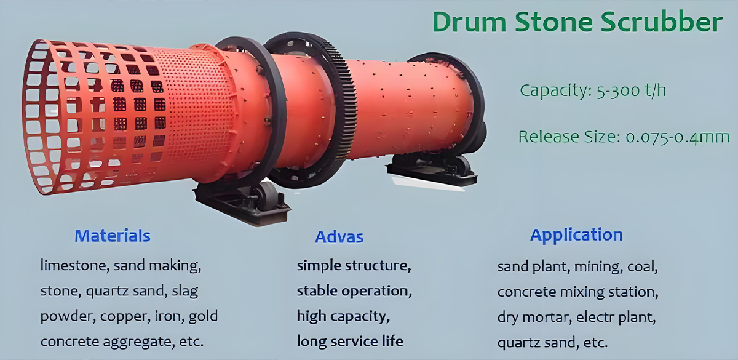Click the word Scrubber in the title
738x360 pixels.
(662, 22)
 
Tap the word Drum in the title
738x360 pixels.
(469, 22)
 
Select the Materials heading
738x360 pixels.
(113, 236)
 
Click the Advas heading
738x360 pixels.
(339, 237)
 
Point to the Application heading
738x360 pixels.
(576, 235)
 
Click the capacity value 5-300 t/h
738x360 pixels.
(631, 90)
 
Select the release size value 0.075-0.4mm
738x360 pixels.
(677, 137)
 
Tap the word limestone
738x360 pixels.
(75, 266)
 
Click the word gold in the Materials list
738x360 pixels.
(203, 316)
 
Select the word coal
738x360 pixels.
(643, 266)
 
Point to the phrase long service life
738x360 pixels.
(350, 342)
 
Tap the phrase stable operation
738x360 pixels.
(354, 291)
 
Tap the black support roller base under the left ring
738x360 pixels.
(243, 202)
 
